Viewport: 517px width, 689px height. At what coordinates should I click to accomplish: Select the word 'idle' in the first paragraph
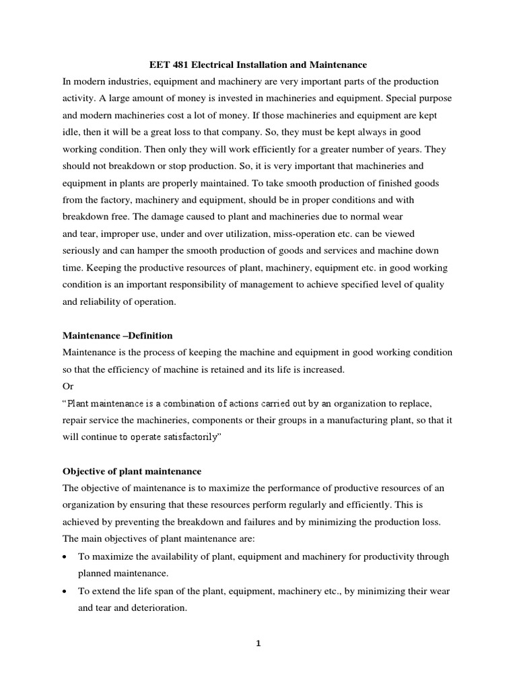pyautogui.click(x=71, y=133)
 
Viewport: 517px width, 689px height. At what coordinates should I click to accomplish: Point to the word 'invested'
pyautogui.click(x=237, y=98)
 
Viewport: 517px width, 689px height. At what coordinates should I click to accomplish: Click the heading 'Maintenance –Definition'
pyautogui.click(x=118, y=334)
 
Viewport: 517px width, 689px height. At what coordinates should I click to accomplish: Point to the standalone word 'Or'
pyautogui.click(x=68, y=386)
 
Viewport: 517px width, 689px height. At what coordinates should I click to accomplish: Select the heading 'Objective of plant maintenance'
pyautogui.click(x=132, y=470)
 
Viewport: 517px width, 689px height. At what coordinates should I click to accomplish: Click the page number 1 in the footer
pyautogui.click(x=258, y=644)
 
